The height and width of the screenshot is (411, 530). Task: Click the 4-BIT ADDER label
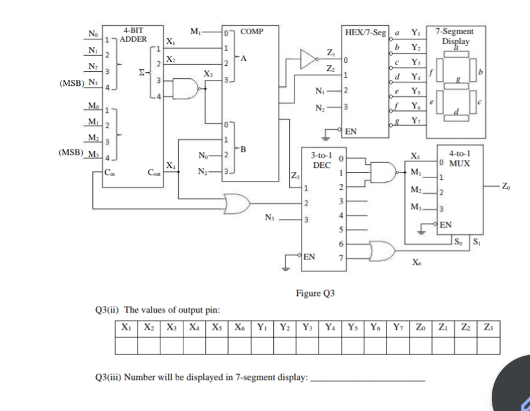tap(134, 34)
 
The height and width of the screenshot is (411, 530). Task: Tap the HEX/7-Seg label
tap(364, 31)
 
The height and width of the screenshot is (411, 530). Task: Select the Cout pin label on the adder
tap(155, 173)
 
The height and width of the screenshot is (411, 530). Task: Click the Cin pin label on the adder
tap(109, 173)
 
